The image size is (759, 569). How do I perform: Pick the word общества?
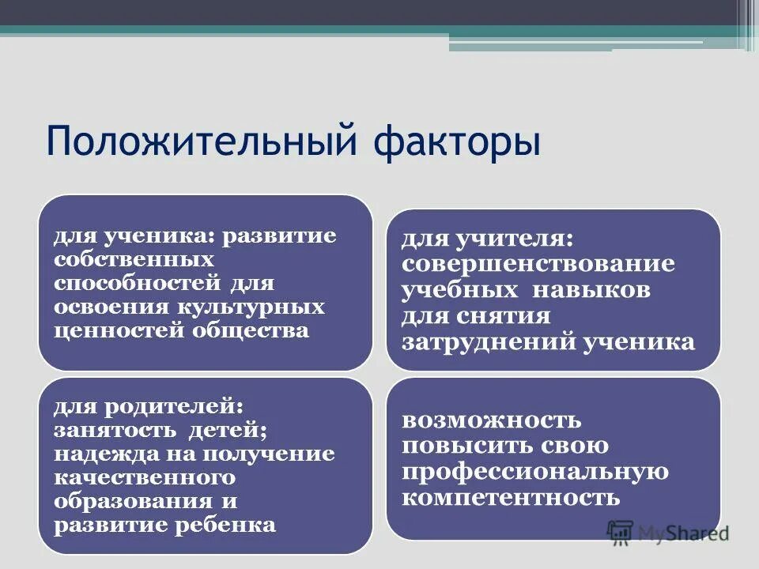251,330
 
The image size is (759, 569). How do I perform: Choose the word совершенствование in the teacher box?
538,263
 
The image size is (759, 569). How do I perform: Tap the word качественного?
145,477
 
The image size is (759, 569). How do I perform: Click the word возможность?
491,420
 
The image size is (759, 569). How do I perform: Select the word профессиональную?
534,472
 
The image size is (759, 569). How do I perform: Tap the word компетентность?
510,498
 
